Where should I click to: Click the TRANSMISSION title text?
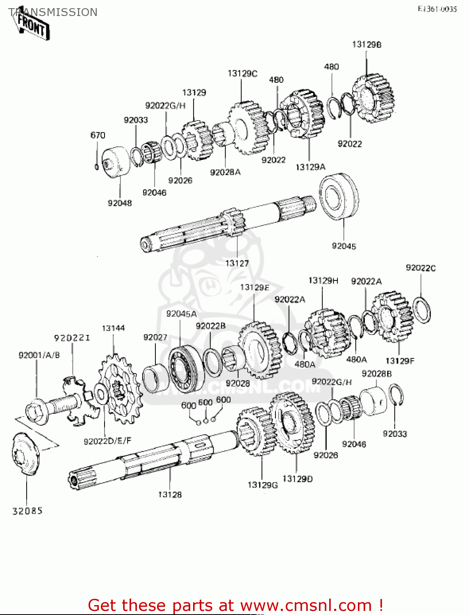coord(53,12)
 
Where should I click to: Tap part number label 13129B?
coord(367,44)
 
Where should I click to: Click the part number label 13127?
coord(237,263)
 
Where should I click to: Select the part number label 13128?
coord(170,494)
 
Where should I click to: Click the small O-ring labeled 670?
coord(96,166)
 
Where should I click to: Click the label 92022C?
coord(421,268)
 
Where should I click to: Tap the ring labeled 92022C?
coord(421,310)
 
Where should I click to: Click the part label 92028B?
coord(376,374)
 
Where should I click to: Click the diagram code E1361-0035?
coord(437,9)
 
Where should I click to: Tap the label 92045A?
coord(181,314)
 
